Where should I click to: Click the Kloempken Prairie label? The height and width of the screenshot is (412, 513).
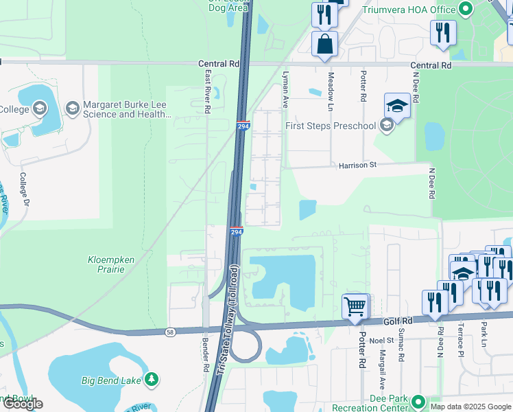pos(106,264)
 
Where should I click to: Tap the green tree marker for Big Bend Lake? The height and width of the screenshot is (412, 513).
pos(152,379)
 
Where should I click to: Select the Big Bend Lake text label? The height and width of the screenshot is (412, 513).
pos(111,380)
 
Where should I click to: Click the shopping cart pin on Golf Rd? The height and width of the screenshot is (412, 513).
pos(355,306)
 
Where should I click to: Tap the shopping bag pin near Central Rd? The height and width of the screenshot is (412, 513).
pos(324,44)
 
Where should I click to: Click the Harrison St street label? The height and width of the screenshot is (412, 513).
pos(357,165)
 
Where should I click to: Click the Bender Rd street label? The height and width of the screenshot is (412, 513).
pos(205,353)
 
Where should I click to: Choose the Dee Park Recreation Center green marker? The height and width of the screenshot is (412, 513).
pos(417,401)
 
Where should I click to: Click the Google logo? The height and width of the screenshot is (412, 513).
pos(23,404)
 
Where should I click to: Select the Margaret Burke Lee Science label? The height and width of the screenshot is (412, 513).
pos(127,110)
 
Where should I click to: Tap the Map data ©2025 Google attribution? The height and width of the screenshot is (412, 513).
pos(470,407)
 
